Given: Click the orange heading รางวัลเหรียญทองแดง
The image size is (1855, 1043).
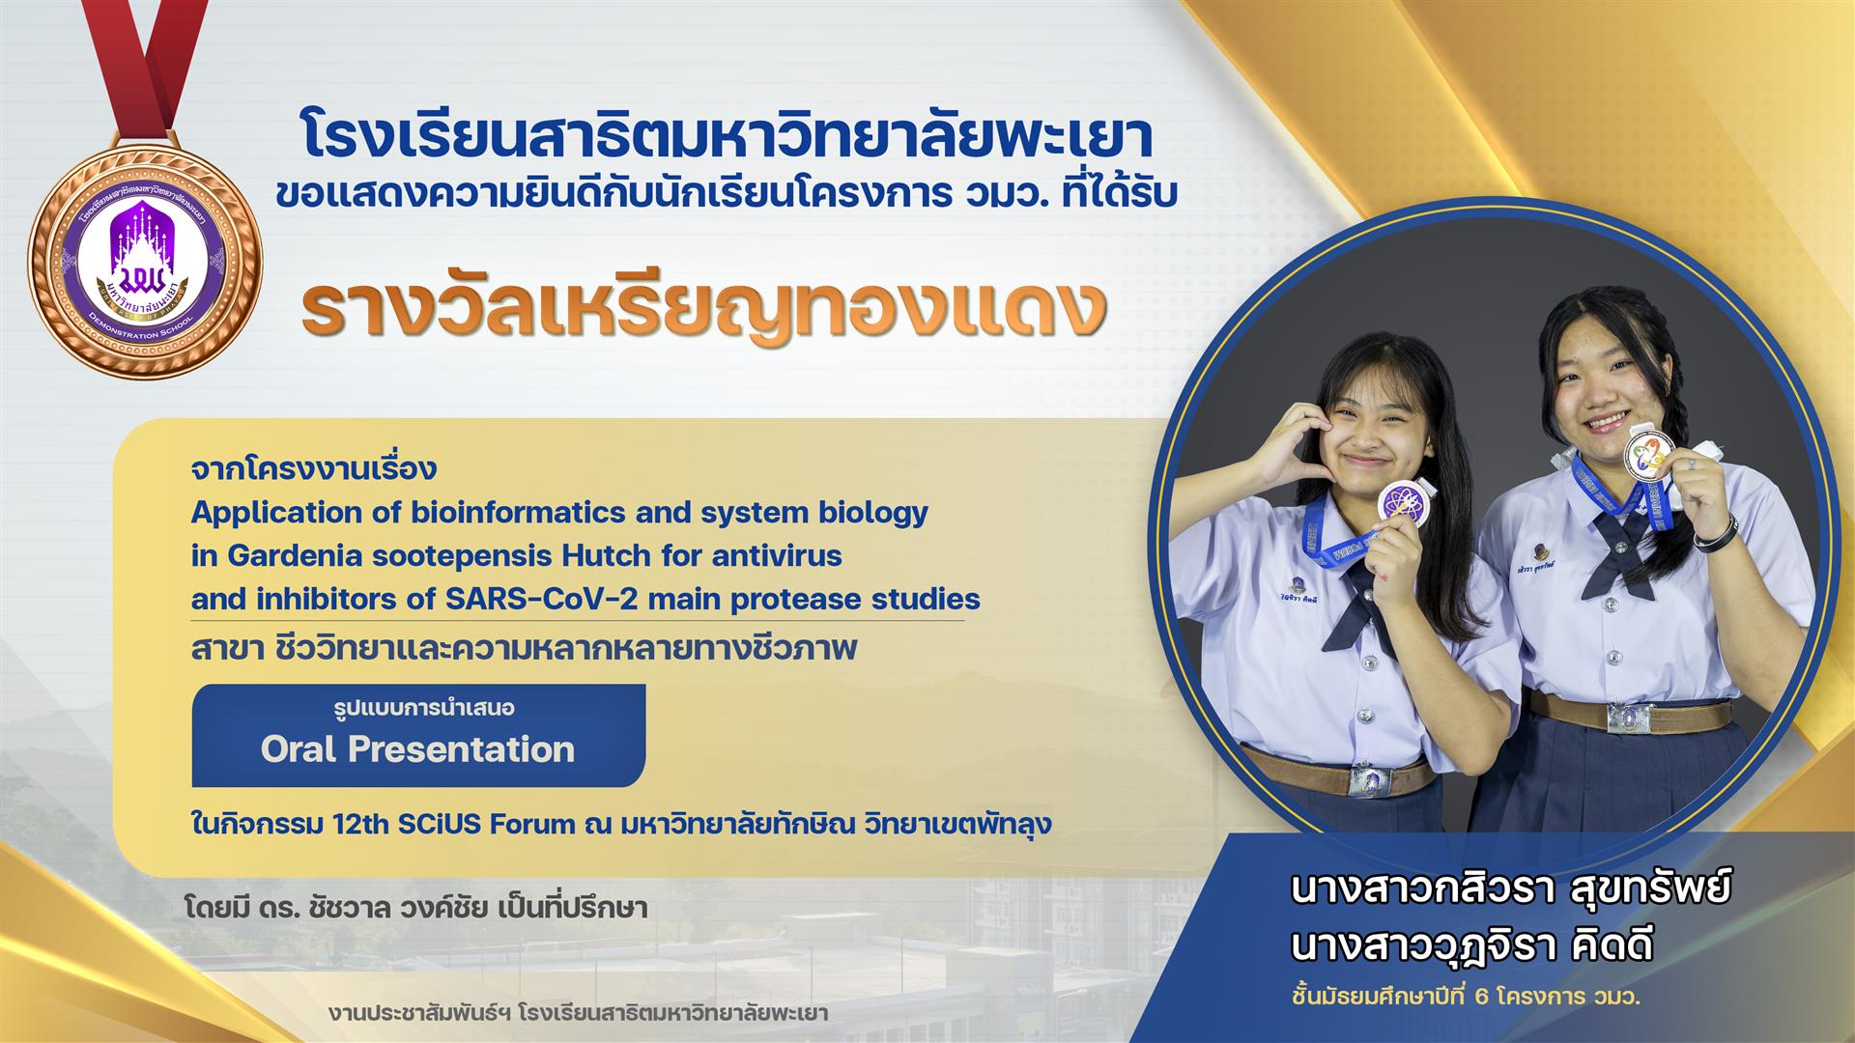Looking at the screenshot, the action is [x=704, y=307].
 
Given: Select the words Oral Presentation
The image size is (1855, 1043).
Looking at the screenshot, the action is [x=417, y=749].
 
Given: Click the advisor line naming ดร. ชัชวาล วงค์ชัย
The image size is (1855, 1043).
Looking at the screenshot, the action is [x=415, y=909].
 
